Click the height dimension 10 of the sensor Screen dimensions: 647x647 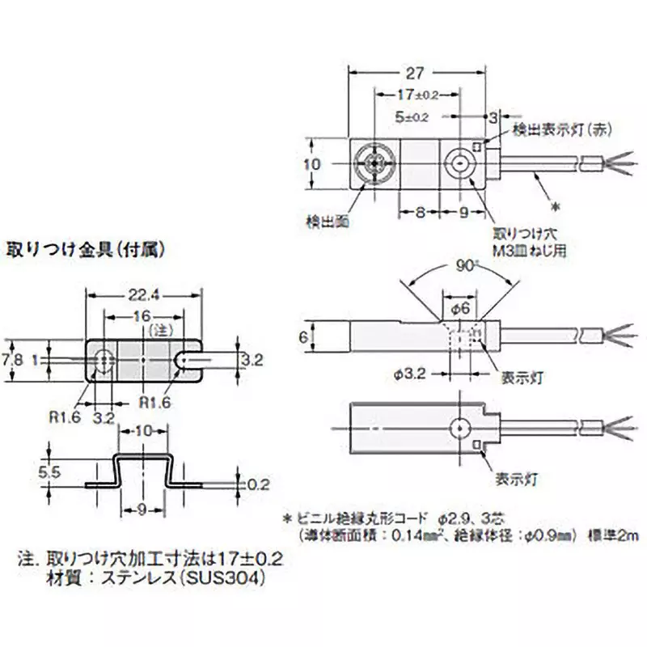[x=313, y=164]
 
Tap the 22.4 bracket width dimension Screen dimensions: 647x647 [x=142, y=297]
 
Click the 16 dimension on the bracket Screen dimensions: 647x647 [x=142, y=318]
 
